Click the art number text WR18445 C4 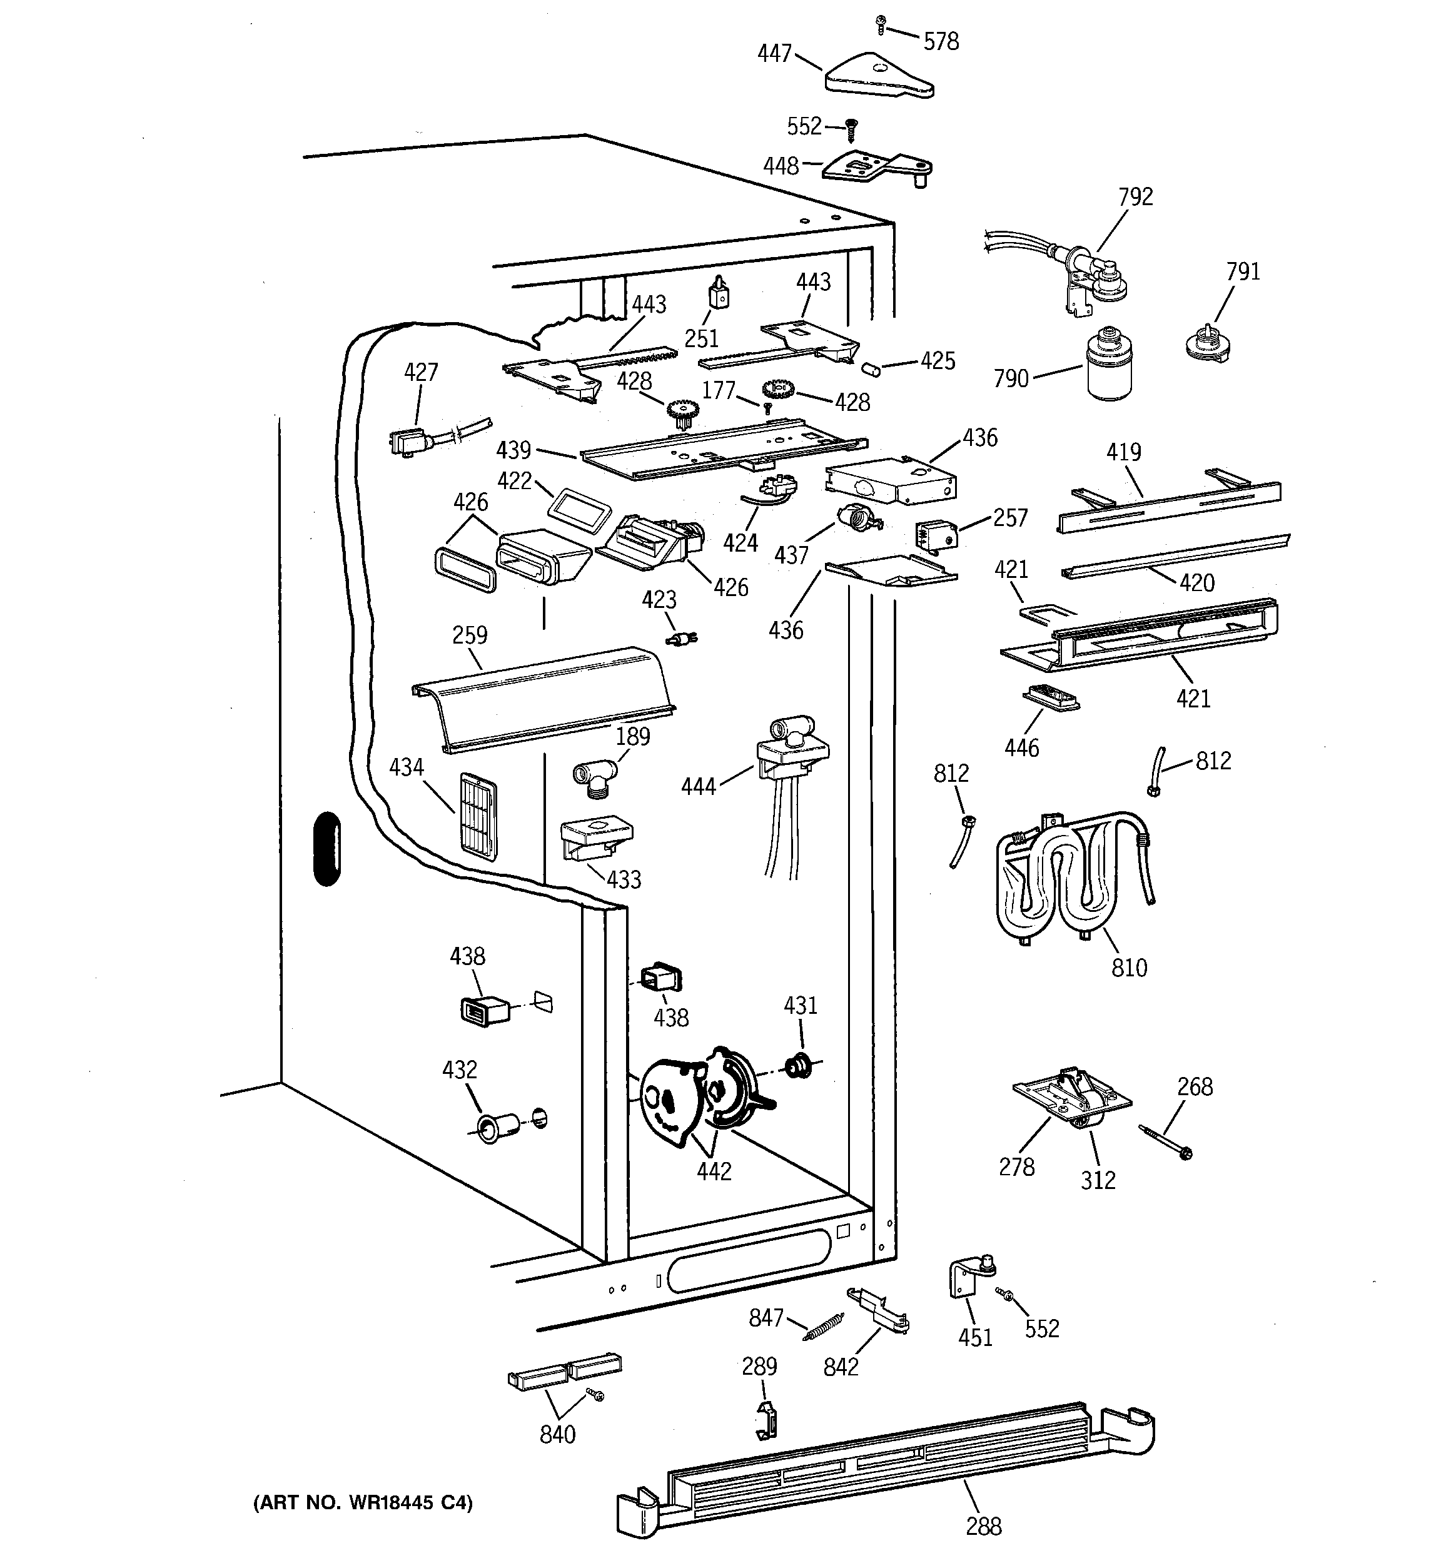(362, 1502)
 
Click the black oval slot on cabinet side (327, 849)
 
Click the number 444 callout (698, 787)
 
